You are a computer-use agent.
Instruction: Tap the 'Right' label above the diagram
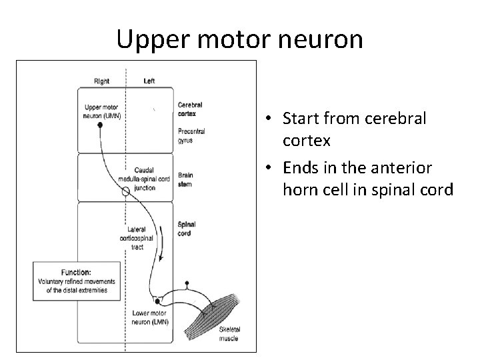point(102,81)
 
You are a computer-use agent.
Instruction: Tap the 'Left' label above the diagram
point(150,81)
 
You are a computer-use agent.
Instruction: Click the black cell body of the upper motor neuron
point(101,125)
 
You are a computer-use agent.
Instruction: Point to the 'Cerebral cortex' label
point(190,109)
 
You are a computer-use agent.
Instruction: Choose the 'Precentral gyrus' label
point(191,135)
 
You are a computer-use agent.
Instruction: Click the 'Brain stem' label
point(185,179)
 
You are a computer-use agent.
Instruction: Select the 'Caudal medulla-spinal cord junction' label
point(145,179)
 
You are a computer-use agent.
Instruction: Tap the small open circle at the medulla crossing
point(125,192)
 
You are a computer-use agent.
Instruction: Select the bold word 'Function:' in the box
point(76,272)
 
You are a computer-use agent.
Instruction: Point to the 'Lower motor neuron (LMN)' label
point(150,317)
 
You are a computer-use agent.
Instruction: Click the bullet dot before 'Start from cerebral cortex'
point(266,120)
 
